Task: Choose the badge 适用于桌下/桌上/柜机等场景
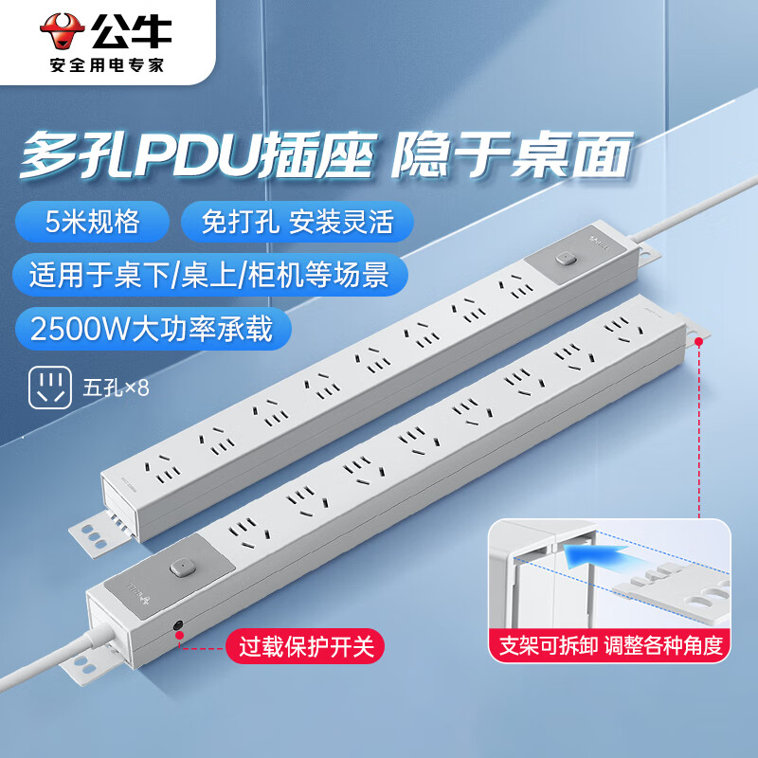[210, 275]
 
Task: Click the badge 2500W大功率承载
[152, 329]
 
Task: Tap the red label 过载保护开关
[300, 649]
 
